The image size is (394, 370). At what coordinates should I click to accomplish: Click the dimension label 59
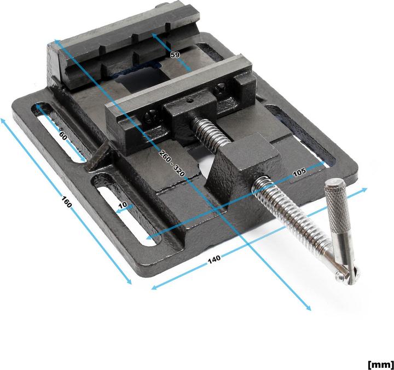click(x=175, y=55)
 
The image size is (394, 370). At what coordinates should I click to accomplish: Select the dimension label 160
click(x=66, y=203)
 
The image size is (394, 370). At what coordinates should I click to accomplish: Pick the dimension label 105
click(x=299, y=172)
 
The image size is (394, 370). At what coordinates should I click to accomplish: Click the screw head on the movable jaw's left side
click(x=150, y=116)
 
